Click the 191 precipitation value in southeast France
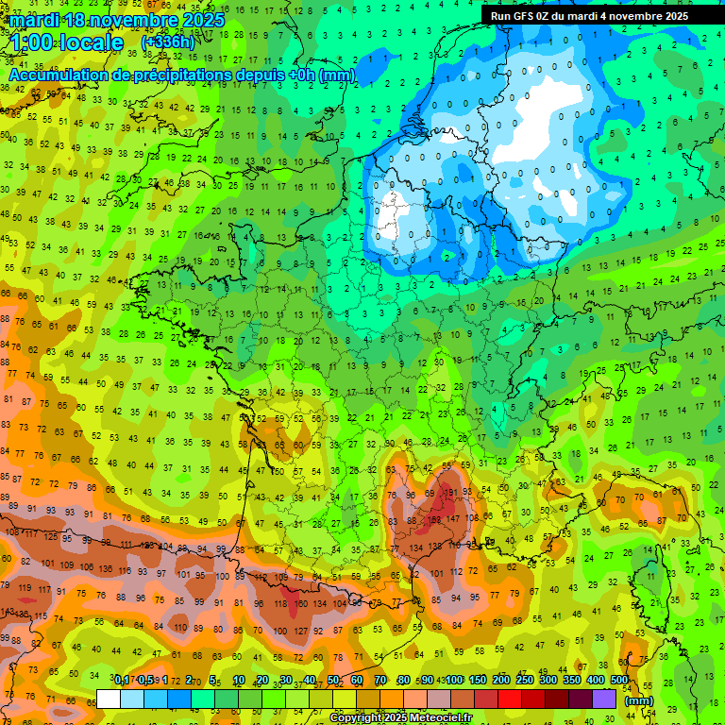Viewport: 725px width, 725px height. coord(452,492)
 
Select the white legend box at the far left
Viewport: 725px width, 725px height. coord(109,699)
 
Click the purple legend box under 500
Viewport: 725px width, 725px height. coord(604,699)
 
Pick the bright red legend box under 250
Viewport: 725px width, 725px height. coord(510,699)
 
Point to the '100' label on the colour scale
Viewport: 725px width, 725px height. coord(454,681)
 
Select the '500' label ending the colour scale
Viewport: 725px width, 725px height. coord(618,681)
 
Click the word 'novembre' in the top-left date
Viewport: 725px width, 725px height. coord(129,20)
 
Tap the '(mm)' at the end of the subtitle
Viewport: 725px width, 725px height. coord(337,74)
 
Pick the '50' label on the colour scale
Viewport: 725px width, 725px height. coord(333,681)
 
